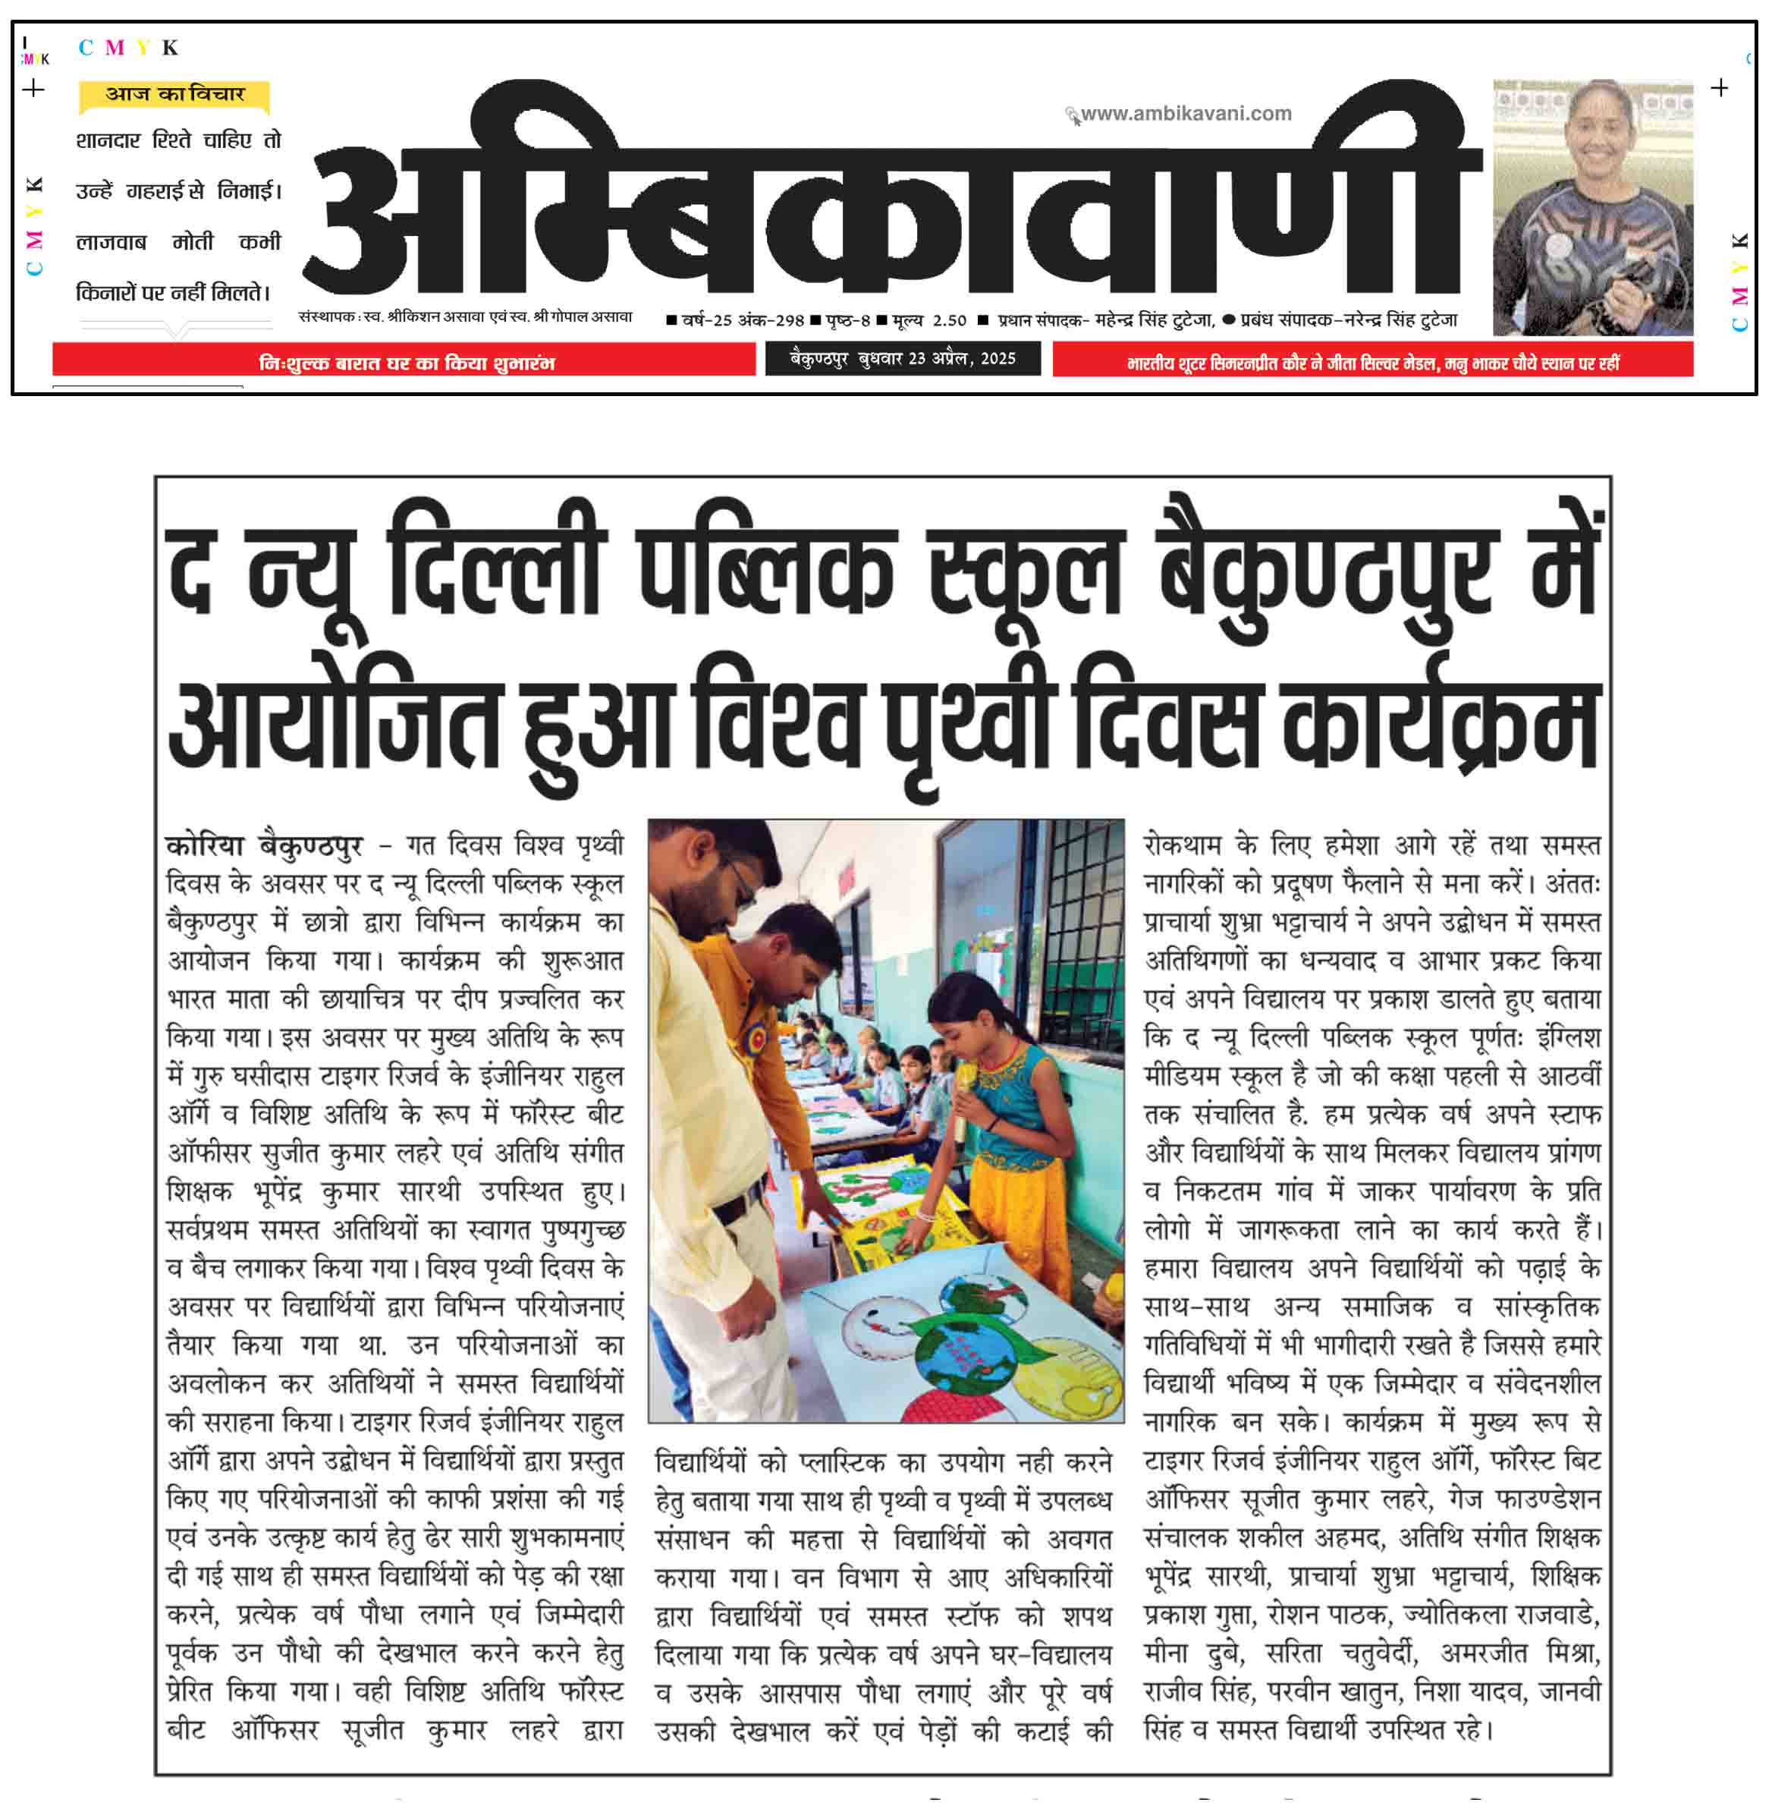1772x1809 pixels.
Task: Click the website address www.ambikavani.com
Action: point(1185,114)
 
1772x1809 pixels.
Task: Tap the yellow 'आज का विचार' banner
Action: point(175,94)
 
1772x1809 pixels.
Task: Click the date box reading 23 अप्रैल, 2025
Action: point(902,358)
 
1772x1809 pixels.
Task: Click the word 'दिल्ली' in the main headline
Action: point(496,563)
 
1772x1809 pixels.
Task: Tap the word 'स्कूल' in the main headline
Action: point(1026,563)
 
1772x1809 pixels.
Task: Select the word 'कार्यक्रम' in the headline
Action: point(1441,722)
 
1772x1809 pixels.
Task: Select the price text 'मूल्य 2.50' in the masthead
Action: point(928,320)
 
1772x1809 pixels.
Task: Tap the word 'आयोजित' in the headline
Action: point(335,722)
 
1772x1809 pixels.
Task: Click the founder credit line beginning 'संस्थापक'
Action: point(465,316)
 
